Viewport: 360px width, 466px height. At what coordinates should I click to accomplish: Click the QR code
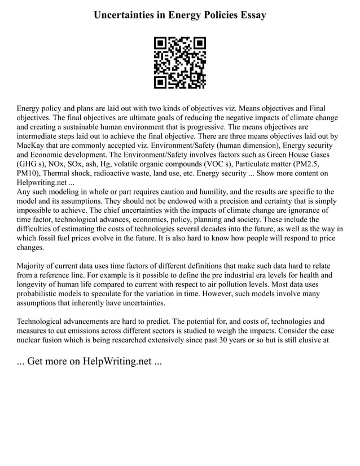(180, 63)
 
